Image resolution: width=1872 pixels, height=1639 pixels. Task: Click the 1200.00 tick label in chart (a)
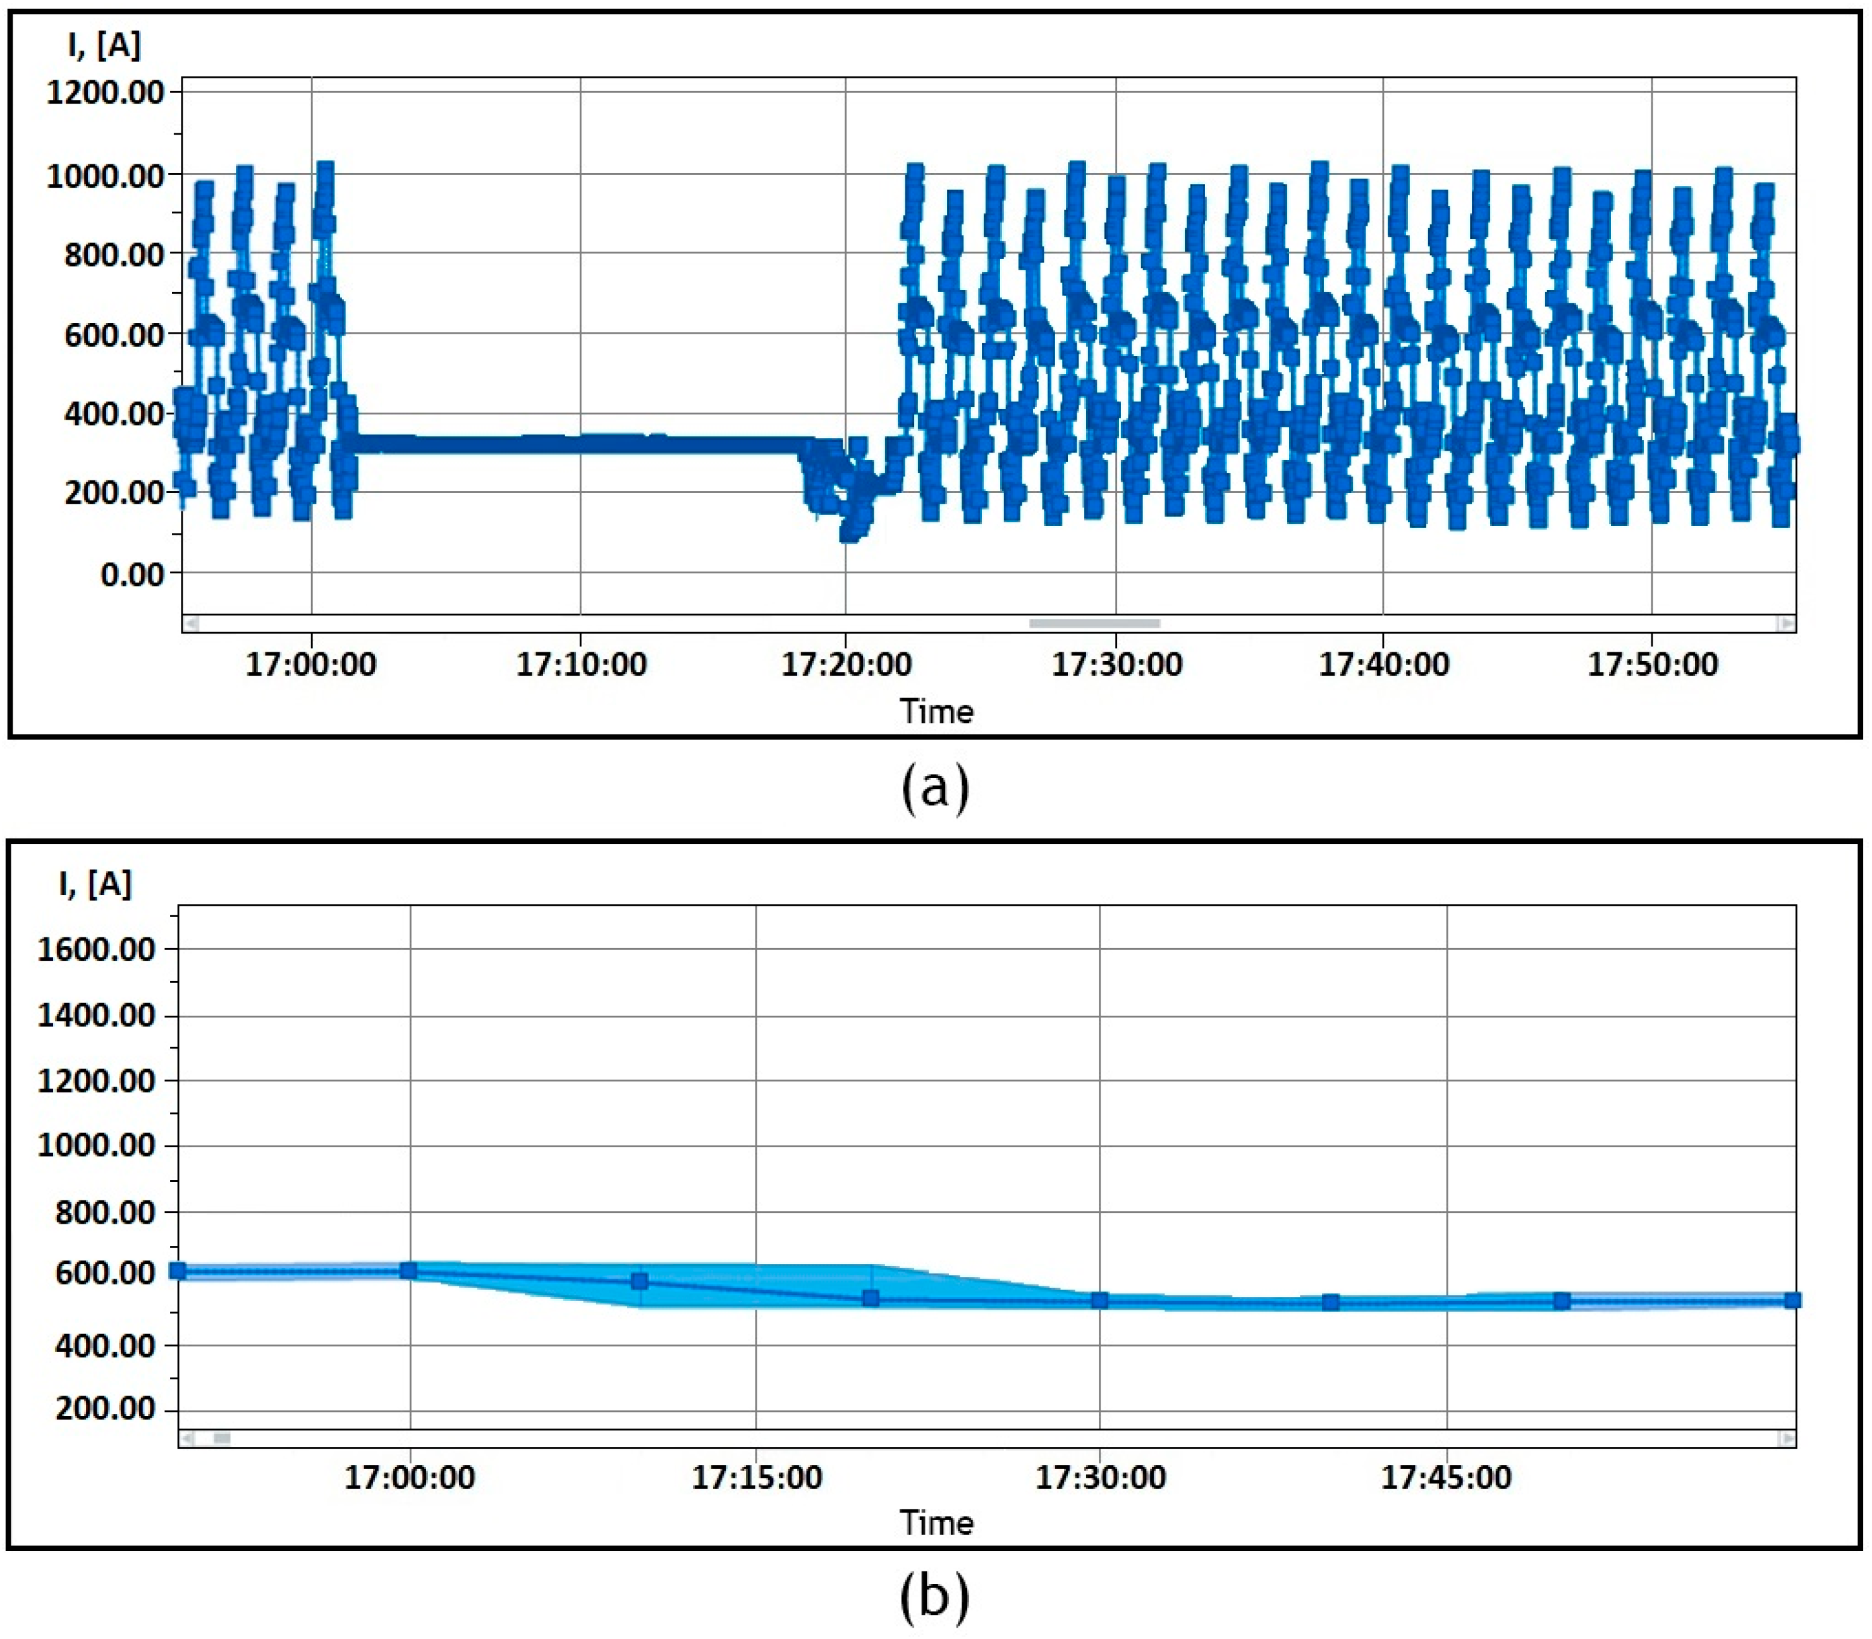point(105,92)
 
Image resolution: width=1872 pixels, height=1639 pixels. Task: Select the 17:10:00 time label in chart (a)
point(581,664)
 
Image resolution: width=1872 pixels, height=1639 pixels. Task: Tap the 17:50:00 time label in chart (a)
point(1653,664)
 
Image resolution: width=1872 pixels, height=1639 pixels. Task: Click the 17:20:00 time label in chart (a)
point(847,664)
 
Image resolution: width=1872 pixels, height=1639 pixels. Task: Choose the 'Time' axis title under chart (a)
point(936,710)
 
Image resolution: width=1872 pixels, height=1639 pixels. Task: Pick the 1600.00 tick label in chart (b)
point(96,949)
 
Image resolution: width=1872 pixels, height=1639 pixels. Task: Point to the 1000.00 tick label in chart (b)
point(96,1145)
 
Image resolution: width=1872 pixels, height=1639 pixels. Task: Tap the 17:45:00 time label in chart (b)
point(1447,1477)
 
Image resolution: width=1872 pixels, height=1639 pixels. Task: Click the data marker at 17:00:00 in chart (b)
point(409,1270)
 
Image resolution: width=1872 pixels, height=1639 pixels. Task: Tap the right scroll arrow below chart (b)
point(1786,1439)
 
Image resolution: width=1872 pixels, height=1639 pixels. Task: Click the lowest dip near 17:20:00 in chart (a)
point(850,533)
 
